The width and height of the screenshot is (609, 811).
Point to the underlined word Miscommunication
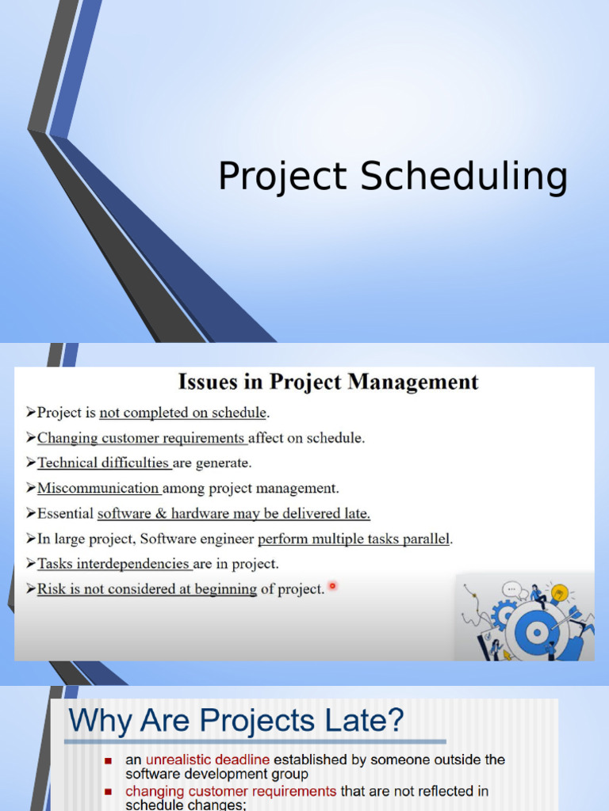point(98,489)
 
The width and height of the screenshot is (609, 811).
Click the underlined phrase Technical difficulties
point(103,463)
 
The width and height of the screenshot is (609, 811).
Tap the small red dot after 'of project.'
point(332,586)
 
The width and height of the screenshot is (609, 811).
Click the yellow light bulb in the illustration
point(560,592)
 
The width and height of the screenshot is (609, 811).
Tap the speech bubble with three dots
point(511,589)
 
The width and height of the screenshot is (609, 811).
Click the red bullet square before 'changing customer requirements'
point(109,791)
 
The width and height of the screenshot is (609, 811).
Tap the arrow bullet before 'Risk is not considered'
point(31,589)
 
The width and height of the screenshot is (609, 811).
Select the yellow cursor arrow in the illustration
point(507,655)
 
